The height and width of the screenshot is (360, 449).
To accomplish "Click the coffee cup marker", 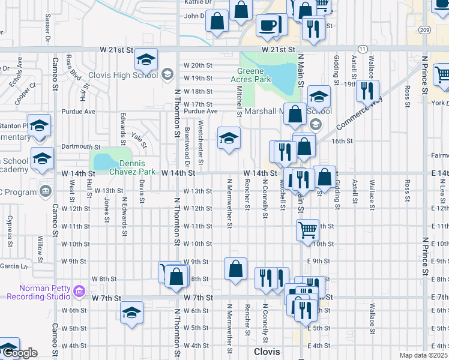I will coord(267,25).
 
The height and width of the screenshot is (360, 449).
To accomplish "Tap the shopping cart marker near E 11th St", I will coord(307,229).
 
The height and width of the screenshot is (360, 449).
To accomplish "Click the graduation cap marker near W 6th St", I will coord(131,312).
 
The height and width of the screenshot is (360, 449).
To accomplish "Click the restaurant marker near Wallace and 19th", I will coord(366,90).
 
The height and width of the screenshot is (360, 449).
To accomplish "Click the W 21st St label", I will coord(279,50).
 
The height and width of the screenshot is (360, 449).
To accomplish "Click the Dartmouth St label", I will coord(80,146).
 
